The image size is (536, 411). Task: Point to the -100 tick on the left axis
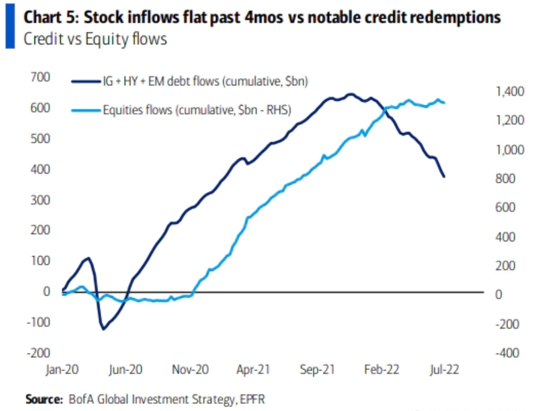pyautogui.click(x=37, y=322)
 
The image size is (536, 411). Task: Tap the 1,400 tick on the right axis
pyautogui.click(x=507, y=91)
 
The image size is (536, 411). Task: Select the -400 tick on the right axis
pyautogui.click(x=505, y=353)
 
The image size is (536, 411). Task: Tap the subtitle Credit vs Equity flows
pyautogui.click(x=94, y=40)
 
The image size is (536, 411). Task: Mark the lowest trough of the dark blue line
pyautogui.click(x=103, y=329)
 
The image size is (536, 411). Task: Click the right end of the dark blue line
pyautogui.click(x=444, y=176)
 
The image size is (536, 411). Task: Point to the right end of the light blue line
pyautogui.click(x=445, y=103)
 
